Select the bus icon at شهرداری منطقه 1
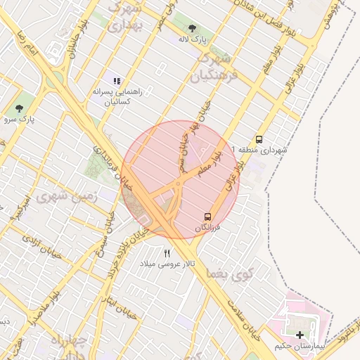point(259,139)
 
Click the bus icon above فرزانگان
point(208,216)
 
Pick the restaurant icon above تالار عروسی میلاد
point(167,253)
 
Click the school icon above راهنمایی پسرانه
point(117,82)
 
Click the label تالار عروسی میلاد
point(170,264)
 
